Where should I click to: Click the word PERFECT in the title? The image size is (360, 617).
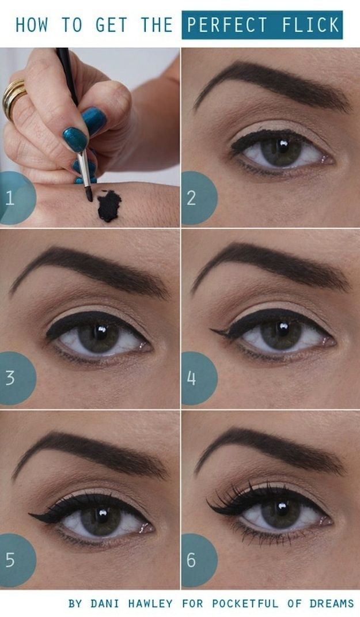[226, 25]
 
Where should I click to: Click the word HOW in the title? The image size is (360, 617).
[34, 25]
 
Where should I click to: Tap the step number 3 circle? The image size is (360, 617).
[14, 378]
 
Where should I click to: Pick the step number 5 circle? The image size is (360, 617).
[14, 559]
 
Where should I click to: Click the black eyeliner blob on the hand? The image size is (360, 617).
[109, 206]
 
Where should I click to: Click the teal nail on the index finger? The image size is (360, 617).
[75, 139]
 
